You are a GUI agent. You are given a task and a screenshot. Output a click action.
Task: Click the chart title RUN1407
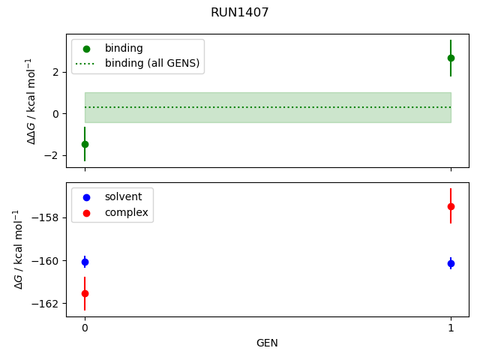[240, 13]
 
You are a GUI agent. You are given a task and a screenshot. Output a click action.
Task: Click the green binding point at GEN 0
[85, 144]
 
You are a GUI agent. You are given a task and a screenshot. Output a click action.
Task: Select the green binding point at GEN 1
[451, 58]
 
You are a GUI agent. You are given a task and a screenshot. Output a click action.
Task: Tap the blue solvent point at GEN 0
[85, 262]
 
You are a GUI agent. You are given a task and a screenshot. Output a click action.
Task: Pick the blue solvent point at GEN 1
[451, 263]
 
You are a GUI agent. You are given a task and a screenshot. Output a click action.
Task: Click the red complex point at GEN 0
[85, 293]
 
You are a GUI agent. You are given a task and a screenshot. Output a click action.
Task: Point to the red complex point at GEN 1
[451, 206]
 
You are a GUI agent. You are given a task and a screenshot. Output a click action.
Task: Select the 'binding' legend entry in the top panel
[124, 48]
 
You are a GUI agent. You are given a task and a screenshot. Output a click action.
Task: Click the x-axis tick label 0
[85, 328]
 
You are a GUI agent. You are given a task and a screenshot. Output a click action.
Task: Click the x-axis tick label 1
[451, 328]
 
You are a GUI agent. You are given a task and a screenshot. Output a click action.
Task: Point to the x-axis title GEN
[267, 343]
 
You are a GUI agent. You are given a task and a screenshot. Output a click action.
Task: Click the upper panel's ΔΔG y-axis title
[31, 100]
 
